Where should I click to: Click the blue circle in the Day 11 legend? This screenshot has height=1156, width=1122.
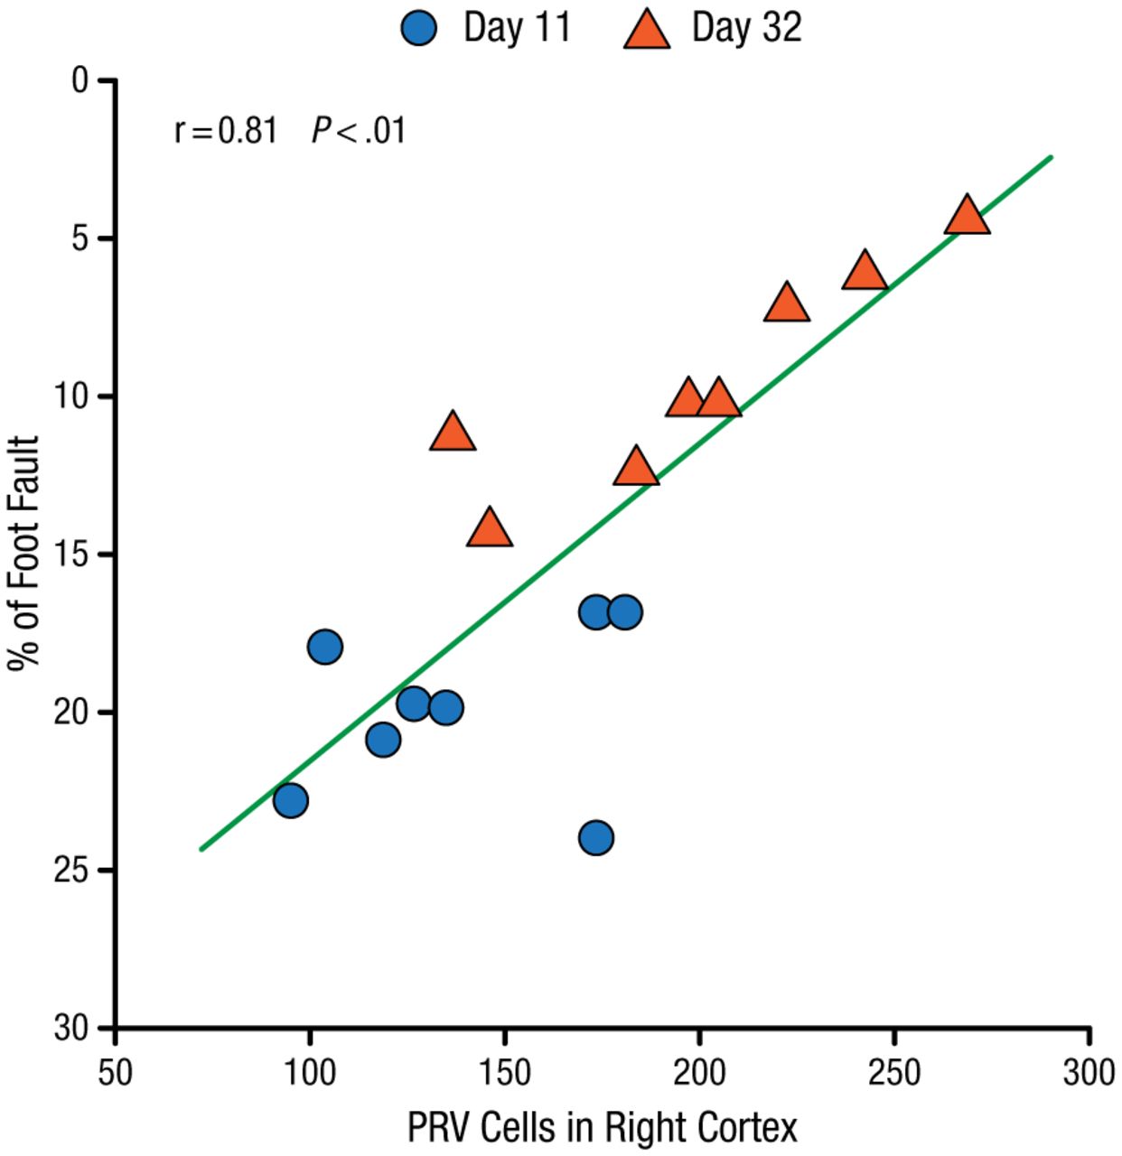click(418, 28)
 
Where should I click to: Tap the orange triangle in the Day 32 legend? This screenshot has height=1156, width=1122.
click(647, 30)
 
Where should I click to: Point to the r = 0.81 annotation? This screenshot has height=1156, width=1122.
click(226, 131)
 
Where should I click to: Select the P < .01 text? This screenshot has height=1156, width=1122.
click(359, 131)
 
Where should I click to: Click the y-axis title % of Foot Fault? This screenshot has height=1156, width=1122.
click(24, 553)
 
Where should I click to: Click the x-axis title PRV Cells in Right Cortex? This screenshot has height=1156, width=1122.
click(603, 1127)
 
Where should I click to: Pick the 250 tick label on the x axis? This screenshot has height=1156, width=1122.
click(894, 1072)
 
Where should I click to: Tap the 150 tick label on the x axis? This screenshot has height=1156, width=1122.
click(504, 1072)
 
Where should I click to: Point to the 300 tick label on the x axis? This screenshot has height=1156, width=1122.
click(1089, 1072)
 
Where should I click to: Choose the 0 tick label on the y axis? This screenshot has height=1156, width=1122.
click(80, 81)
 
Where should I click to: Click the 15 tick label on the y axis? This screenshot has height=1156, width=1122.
click(71, 555)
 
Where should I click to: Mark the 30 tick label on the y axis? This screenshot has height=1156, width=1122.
click(71, 1028)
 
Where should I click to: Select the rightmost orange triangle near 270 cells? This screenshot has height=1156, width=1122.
click(967, 216)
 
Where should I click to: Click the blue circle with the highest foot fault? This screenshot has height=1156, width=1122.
click(596, 837)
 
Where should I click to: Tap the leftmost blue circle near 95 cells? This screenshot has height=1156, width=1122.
click(290, 800)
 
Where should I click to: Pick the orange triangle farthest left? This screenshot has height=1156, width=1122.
click(453, 433)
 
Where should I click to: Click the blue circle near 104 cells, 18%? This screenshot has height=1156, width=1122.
click(324, 647)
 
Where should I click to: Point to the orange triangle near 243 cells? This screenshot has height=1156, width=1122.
click(865, 271)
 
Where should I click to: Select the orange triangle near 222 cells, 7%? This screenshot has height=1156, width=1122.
click(786, 303)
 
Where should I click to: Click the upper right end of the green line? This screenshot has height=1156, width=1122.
click(1052, 157)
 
